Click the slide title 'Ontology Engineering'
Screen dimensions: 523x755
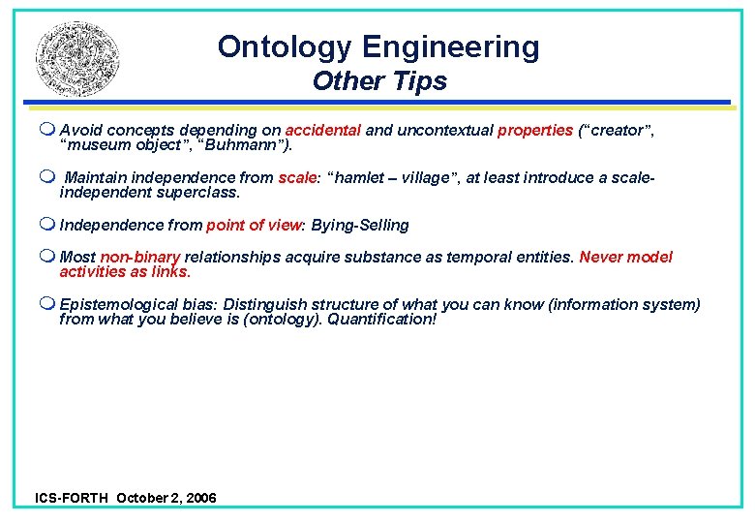pyautogui.click(x=378, y=46)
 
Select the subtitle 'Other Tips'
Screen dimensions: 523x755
pyautogui.click(x=379, y=81)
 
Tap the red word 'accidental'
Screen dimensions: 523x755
pyautogui.click(x=323, y=131)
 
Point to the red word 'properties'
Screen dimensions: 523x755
pyautogui.click(x=535, y=131)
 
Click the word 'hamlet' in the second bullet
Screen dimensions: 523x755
pyautogui.click(x=363, y=178)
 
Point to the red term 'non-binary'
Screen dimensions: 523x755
pyautogui.click(x=140, y=258)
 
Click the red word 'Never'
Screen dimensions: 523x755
pyautogui.click(x=601, y=258)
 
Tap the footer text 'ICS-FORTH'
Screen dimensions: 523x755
pyautogui.click(x=72, y=498)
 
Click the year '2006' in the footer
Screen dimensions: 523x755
pyautogui.click(x=199, y=498)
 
